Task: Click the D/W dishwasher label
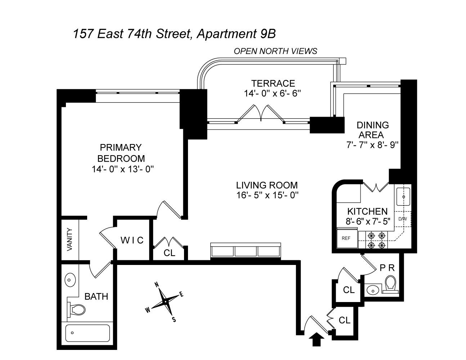(x=403, y=219)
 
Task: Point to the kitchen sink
(x=403, y=197)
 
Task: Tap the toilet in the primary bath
(x=76, y=310)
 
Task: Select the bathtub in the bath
(x=88, y=333)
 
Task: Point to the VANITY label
(x=70, y=239)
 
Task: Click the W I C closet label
(x=132, y=240)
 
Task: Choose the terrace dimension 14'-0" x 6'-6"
(x=272, y=94)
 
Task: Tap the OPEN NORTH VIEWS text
(x=275, y=51)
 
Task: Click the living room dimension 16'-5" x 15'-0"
(x=267, y=195)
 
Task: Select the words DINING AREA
(x=373, y=130)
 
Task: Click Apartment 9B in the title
(x=236, y=34)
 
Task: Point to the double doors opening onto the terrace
(x=261, y=113)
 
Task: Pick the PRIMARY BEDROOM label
(x=121, y=153)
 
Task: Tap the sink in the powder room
(x=373, y=291)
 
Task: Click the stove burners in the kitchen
(x=376, y=240)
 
